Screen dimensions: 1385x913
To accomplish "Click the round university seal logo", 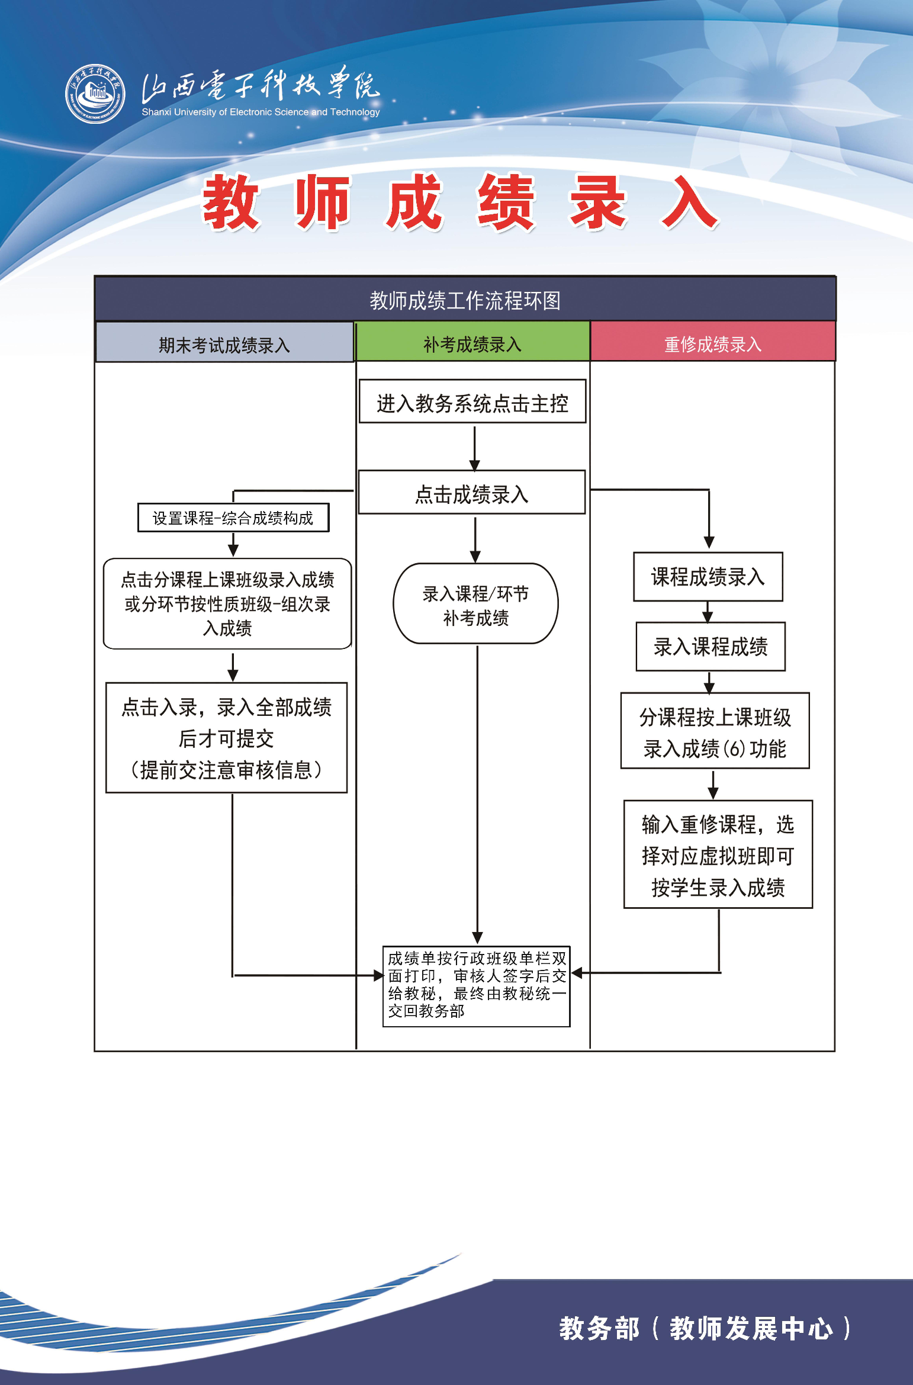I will tap(95, 94).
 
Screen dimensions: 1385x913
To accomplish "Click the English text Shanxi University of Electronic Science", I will tap(261, 112).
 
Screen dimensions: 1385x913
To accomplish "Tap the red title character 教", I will tap(231, 202).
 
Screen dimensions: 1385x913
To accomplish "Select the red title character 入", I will tap(690, 202).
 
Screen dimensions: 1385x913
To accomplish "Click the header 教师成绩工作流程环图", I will tap(465, 300).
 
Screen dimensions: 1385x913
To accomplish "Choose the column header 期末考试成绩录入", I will tap(224, 345).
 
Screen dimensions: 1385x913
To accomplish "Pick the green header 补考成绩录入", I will tap(472, 343).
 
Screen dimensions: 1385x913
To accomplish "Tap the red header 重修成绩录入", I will tap(713, 343).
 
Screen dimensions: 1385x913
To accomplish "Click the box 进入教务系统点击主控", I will tap(472, 403).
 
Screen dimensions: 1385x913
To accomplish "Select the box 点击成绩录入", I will tap(472, 493).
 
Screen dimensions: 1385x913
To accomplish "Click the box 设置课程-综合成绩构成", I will tap(233, 518).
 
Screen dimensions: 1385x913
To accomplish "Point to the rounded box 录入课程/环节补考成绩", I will tap(475, 605).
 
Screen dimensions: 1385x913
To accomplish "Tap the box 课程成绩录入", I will tap(708, 577).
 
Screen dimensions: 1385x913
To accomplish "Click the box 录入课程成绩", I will tap(711, 647).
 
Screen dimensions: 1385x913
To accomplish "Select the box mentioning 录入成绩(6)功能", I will tap(715, 732).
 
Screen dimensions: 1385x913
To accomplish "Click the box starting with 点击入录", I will tap(226, 738).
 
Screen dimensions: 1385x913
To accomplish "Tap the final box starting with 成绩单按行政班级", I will tap(477, 986).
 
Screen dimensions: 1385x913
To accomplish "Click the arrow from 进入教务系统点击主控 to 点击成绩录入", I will tap(475, 447).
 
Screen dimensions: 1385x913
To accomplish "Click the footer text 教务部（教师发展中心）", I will tap(705, 1328).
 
